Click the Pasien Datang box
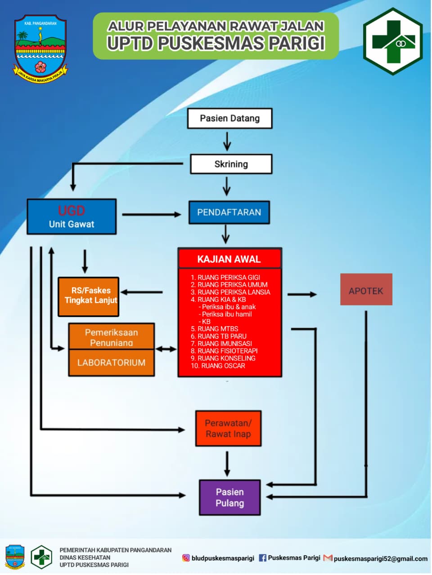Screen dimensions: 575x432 click(229, 119)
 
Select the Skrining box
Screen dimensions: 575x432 click(231, 164)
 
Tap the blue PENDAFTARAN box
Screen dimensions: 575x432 click(229, 212)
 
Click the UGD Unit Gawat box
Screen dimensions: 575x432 click(72, 217)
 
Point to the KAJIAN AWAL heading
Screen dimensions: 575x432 click(229, 259)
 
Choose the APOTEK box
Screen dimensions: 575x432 click(366, 290)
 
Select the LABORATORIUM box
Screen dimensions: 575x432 click(111, 363)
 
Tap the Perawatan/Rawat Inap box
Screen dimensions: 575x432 click(228, 429)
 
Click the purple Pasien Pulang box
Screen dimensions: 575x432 click(229, 497)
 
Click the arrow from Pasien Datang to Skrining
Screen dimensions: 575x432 click(227, 141)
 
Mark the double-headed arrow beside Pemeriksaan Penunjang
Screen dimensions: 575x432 click(166, 349)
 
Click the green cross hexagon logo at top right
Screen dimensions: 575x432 click(393, 41)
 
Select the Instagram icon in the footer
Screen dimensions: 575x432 click(186, 558)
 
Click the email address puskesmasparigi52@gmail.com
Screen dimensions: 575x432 click(380, 558)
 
